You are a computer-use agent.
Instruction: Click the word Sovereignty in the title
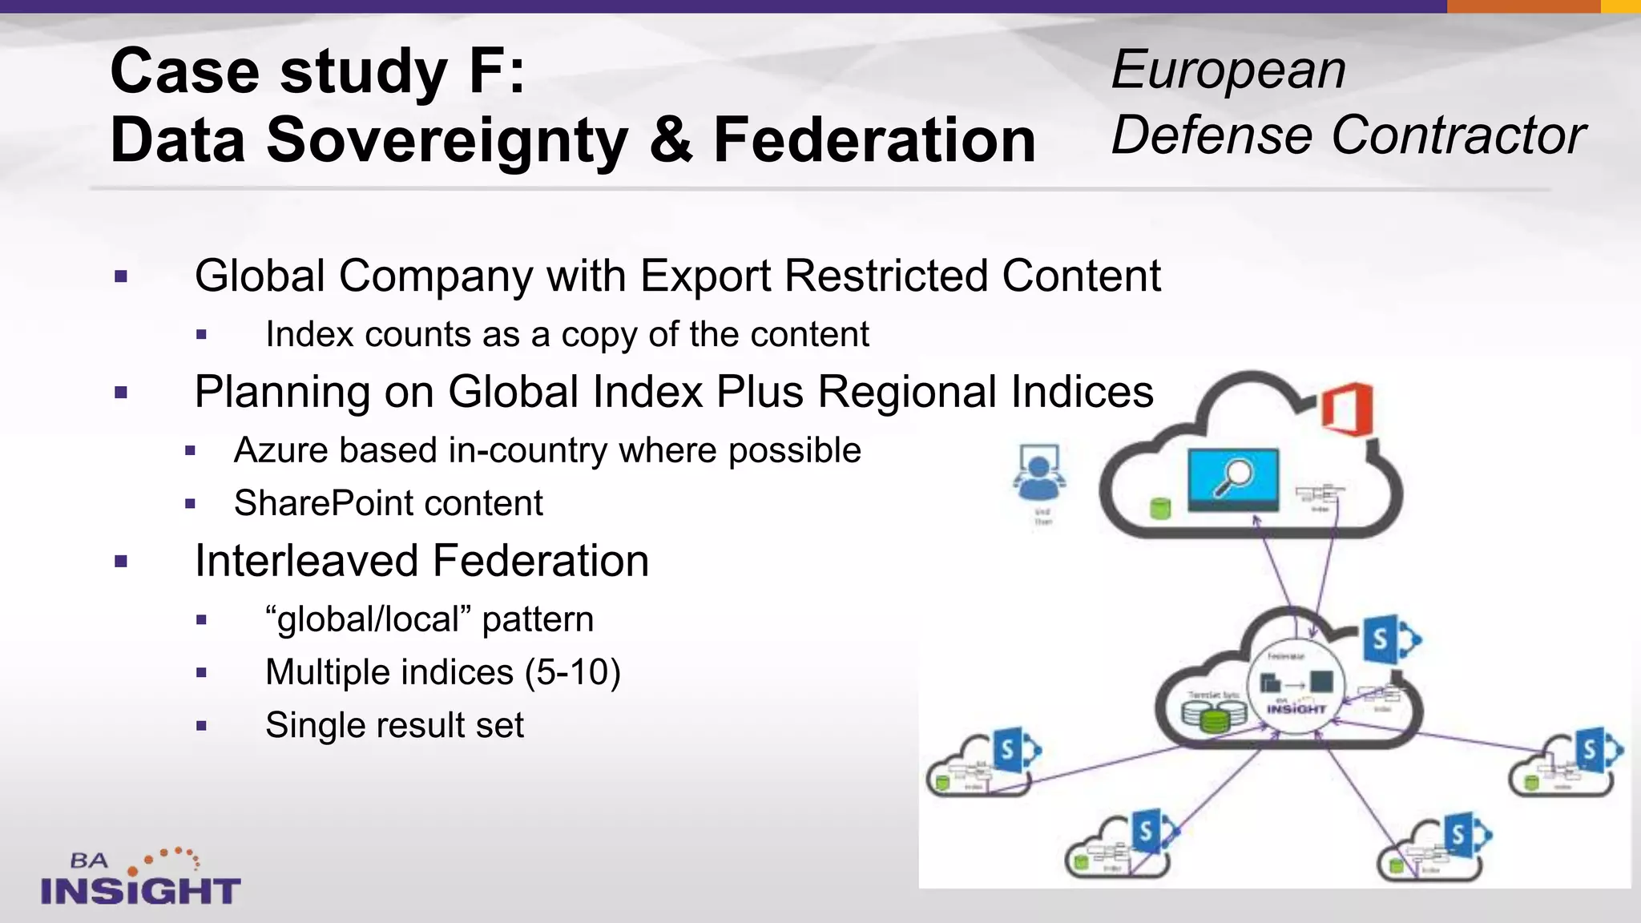[x=446, y=141]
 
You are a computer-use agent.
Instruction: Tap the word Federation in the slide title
[x=874, y=141]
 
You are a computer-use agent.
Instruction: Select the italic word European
[x=1228, y=70]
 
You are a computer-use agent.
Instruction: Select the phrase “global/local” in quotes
[x=368, y=619]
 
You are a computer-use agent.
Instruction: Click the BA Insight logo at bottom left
[x=140, y=878]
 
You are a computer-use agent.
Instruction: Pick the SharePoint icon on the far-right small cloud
[x=1598, y=751]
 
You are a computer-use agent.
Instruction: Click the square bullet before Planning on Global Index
[x=121, y=393]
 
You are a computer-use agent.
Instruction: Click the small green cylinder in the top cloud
[x=1160, y=508]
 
